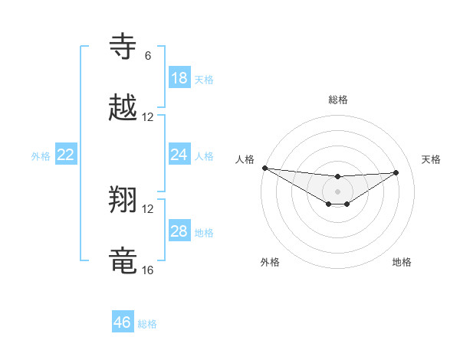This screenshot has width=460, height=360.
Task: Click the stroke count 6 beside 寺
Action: pyautogui.click(x=148, y=56)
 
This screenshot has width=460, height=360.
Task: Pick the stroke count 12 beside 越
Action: pyautogui.click(x=148, y=117)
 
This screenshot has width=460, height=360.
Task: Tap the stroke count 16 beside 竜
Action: pyautogui.click(x=148, y=270)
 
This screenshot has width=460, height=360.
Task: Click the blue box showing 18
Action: pyautogui.click(x=179, y=78)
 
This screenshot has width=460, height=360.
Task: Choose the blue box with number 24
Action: pyautogui.click(x=179, y=155)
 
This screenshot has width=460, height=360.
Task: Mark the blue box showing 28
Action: pyautogui.click(x=179, y=231)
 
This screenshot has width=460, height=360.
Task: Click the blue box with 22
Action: pyautogui.click(x=66, y=155)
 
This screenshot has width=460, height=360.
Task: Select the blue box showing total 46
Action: pyautogui.click(x=123, y=322)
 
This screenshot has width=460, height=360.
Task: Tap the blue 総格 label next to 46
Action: pyautogui.click(x=147, y=324)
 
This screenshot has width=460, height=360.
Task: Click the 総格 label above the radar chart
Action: pyautogui.click(x=337, y=100)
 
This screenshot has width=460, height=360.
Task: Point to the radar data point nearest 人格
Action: pyautogui.click(x=264, y=168)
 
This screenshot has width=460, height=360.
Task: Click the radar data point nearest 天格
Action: pyautogui.click(x=396, y=172)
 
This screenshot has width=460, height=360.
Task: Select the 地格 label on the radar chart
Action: pyautogui.click(x=402, y=262)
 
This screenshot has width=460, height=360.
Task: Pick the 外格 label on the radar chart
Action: pyautogui.click(x=270, y=262)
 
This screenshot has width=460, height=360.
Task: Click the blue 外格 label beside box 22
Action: pyautogui.click(x=41, y=156)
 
